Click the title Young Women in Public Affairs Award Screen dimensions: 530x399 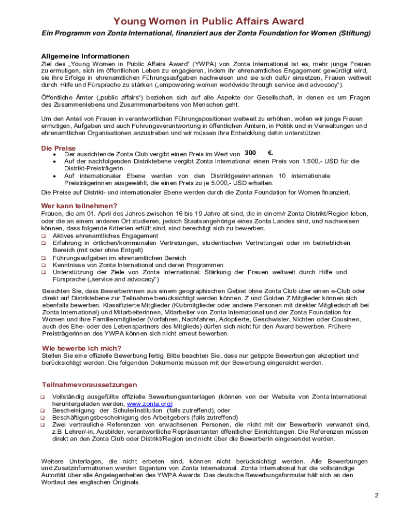pyautogui.click(x=209, y=21)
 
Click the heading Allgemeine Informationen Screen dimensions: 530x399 pyautogui.click(x=85, y=56)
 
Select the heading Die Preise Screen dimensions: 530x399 pyautogui.click(x=58, y=148)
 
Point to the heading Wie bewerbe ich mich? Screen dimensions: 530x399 pyautogui.click(x=81, y=348)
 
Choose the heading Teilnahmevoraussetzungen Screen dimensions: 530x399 pyautogui.click(x=89, y=385)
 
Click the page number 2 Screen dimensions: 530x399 pyautogui.click(x=377, y=495)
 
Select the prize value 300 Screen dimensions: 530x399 pyautogui.click(x=250, y=153)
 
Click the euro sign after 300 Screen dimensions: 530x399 pyautogui.click(x=270, y=153)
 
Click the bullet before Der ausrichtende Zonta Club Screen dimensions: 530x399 pyautogui.click(x=55, y=154)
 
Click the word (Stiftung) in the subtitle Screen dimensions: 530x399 pyautogui.click(x=355, y=33)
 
